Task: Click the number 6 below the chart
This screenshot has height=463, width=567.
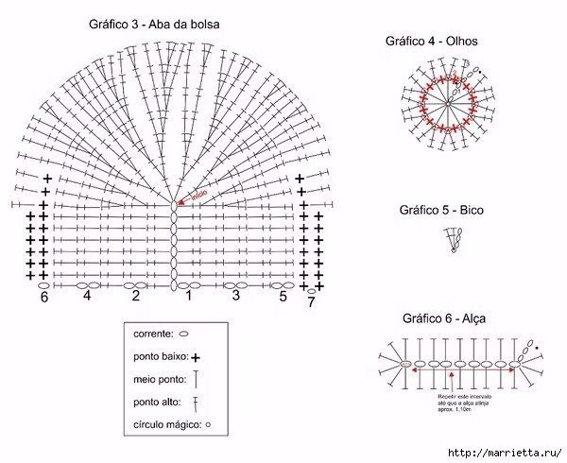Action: click(x=43, y=298)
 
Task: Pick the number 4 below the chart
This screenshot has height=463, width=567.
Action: click(x=87, y=296)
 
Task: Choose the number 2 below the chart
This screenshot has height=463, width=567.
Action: click(x=136, y=296)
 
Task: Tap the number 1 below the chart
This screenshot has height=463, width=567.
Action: click(x=187, y=296)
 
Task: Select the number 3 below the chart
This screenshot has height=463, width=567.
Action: click(x=235, y=296)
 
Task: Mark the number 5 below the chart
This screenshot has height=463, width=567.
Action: click(x=282, y=296)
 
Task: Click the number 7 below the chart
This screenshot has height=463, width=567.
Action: click(x=311, y=301)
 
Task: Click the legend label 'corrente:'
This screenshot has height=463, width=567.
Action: click(x=153, y=334)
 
